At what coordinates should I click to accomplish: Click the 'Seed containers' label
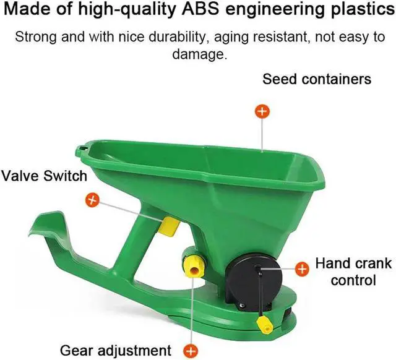[316, 79]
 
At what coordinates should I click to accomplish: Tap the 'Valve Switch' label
[43, 176]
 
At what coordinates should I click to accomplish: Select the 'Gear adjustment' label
[116, 349]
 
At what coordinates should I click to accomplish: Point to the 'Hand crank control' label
[353, 271]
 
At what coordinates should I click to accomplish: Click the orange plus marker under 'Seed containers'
[263, 111]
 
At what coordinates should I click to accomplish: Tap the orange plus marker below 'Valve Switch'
[92, 200]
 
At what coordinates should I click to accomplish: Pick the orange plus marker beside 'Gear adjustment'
[192, 349]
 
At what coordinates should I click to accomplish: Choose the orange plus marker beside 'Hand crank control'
[302, 268]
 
